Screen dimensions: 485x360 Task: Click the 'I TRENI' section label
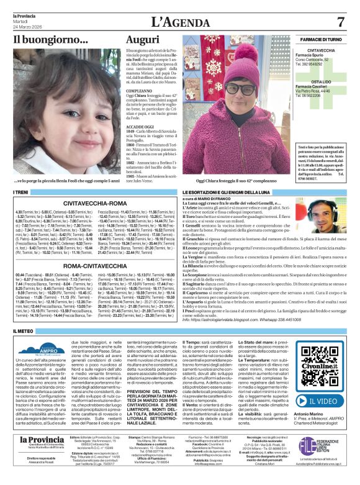pyautogui.click(x=21, y=194)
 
